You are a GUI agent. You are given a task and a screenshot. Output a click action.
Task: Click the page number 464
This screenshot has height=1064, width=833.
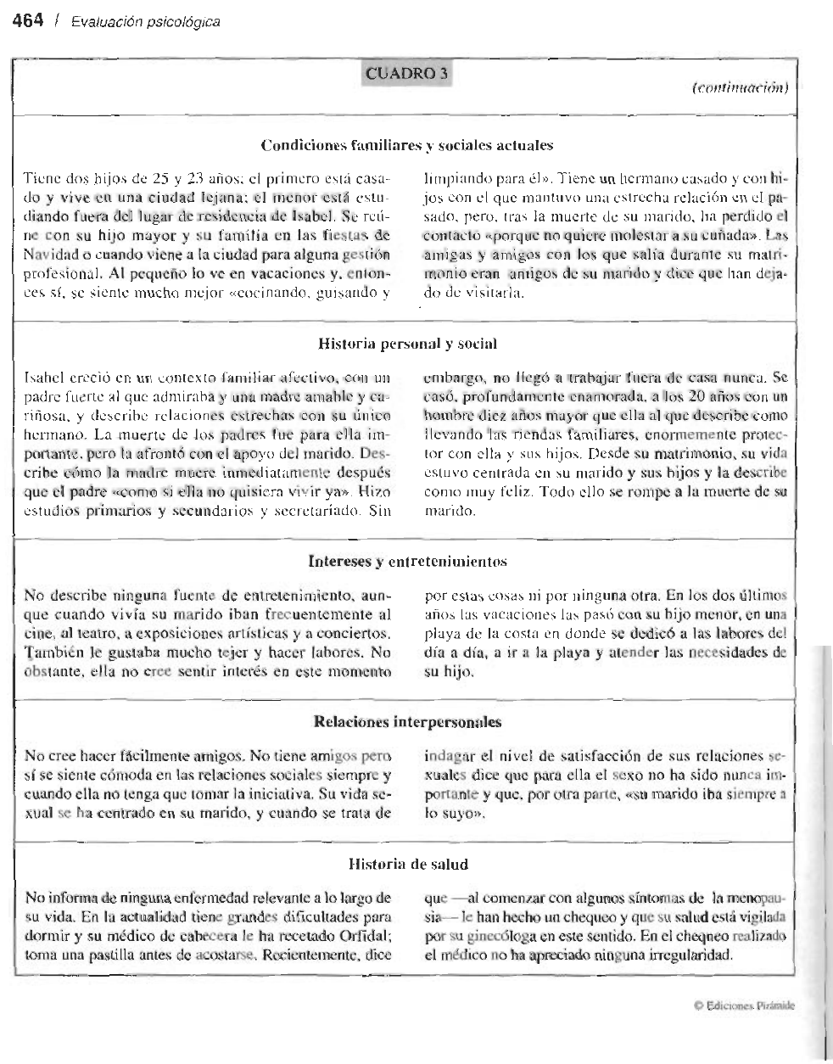point(26,21)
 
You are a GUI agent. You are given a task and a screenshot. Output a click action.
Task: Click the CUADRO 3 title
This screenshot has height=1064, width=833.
point(405,74)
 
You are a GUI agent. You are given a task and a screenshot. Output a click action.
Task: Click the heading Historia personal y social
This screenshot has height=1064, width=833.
point(406,344)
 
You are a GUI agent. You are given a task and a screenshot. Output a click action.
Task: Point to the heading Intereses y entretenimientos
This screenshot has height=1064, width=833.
point(407,561)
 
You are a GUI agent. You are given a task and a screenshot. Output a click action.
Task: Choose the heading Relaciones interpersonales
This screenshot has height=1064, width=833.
point(407,722)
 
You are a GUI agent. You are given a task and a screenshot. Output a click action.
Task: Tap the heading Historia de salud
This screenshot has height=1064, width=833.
point(409,864)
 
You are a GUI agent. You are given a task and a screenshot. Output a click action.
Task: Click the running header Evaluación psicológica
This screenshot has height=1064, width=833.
point(145,22)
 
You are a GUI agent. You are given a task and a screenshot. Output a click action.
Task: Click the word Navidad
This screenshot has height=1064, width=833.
point(49,255)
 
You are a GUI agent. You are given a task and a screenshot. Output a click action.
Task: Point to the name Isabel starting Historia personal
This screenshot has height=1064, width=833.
point(42,375)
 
